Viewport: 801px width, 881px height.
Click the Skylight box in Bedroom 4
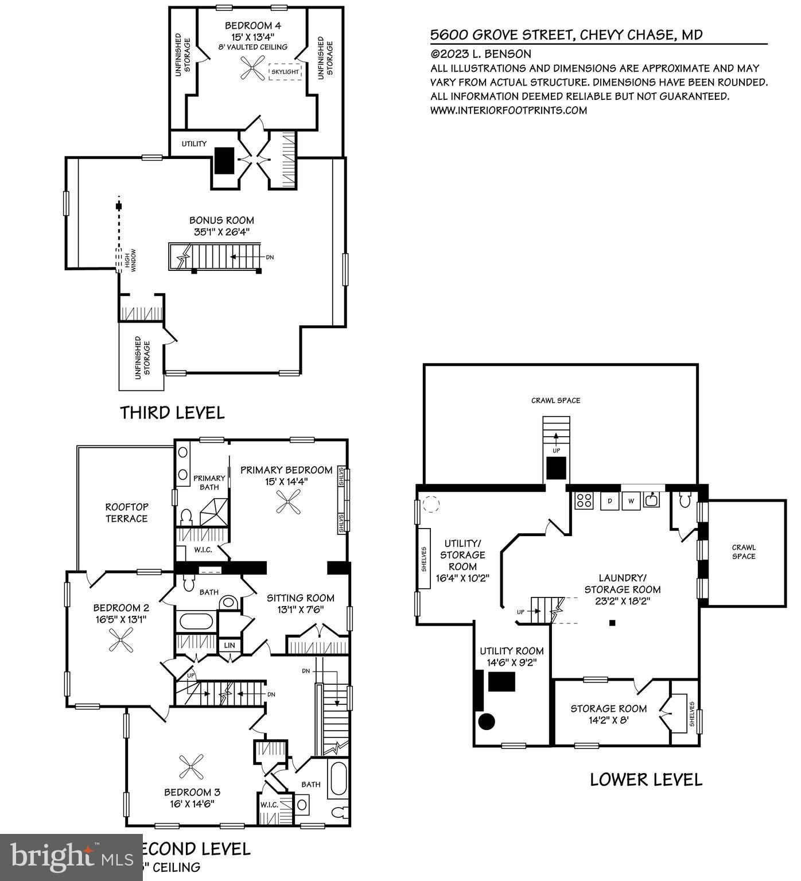[285, 72]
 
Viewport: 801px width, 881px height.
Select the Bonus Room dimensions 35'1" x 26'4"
[221, 232]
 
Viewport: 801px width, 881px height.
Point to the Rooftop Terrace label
[126, 513]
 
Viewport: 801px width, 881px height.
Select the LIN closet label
[230, 645]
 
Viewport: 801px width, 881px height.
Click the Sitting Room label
[300, 598]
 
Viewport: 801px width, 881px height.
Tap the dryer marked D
[609, 500]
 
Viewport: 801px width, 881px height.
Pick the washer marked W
[631, 500]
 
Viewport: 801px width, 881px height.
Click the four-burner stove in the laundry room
[584, 500]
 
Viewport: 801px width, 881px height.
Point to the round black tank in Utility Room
[487, 721]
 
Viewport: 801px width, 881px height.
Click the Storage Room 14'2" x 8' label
[608, 714]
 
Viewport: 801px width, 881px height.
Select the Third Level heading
[172, 413]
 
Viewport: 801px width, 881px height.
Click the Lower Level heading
[646, 779]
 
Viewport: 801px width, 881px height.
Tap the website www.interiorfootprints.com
[508, 110]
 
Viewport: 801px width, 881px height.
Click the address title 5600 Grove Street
[566, 35]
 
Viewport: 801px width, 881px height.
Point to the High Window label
[127, 260]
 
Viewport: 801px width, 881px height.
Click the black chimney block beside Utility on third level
[224, 160]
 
